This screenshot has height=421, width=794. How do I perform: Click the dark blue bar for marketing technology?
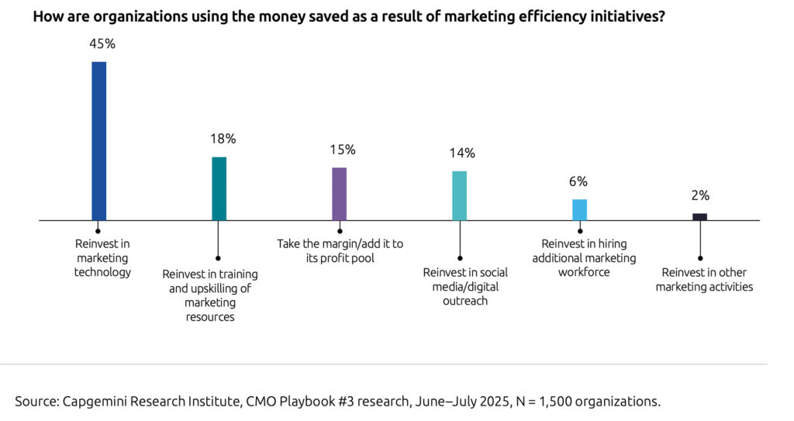98,141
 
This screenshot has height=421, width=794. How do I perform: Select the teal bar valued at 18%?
219,188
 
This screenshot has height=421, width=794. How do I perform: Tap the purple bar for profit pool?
339,194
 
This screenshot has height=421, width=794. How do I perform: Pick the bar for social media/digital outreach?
459,195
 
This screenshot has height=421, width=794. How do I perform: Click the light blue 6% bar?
579,209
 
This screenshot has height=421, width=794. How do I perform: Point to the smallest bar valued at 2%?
699,217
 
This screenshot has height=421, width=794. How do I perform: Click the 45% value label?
101,44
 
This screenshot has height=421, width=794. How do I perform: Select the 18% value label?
223,139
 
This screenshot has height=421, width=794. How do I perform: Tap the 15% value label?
342,150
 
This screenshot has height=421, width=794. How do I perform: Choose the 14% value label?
462,153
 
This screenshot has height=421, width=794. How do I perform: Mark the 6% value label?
578,181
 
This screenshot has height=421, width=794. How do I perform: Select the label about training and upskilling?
210,295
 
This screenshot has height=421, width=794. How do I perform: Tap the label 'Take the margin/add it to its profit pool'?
340,250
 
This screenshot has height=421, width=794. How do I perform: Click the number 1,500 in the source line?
565,401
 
